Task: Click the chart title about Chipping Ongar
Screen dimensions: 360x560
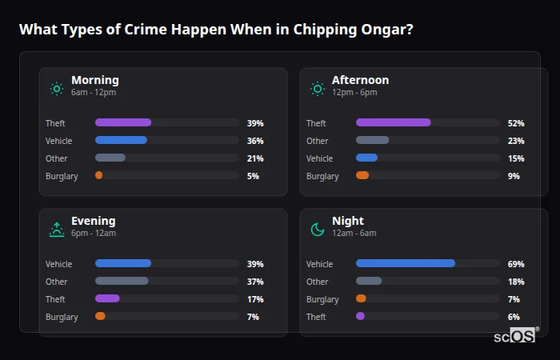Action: pos(216,30)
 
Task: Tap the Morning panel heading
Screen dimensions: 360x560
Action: pos(94,80)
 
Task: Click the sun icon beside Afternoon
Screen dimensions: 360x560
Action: pos(318,88)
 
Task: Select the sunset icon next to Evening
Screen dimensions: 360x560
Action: pos(57,229)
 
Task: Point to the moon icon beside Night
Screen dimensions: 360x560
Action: pos(318,230)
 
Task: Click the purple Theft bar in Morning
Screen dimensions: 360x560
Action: pos(123,122)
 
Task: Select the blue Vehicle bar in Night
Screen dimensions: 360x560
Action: pos(406,263)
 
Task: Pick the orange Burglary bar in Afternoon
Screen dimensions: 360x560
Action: pos(362,175)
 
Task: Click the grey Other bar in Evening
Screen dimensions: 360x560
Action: pos(122,281)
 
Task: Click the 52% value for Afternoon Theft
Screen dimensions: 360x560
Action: pos(516,123)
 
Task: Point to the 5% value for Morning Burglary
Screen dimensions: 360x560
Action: pos(254,176)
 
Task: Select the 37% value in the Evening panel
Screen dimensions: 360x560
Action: pos(255,282)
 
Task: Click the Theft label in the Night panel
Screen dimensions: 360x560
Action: pos(317,317)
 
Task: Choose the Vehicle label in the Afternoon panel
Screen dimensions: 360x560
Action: pos(320,158)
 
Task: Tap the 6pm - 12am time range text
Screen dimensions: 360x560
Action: pos(94,234)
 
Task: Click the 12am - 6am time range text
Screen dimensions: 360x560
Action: pos(354,234)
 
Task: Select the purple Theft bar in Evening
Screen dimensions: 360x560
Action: pos(107,298)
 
